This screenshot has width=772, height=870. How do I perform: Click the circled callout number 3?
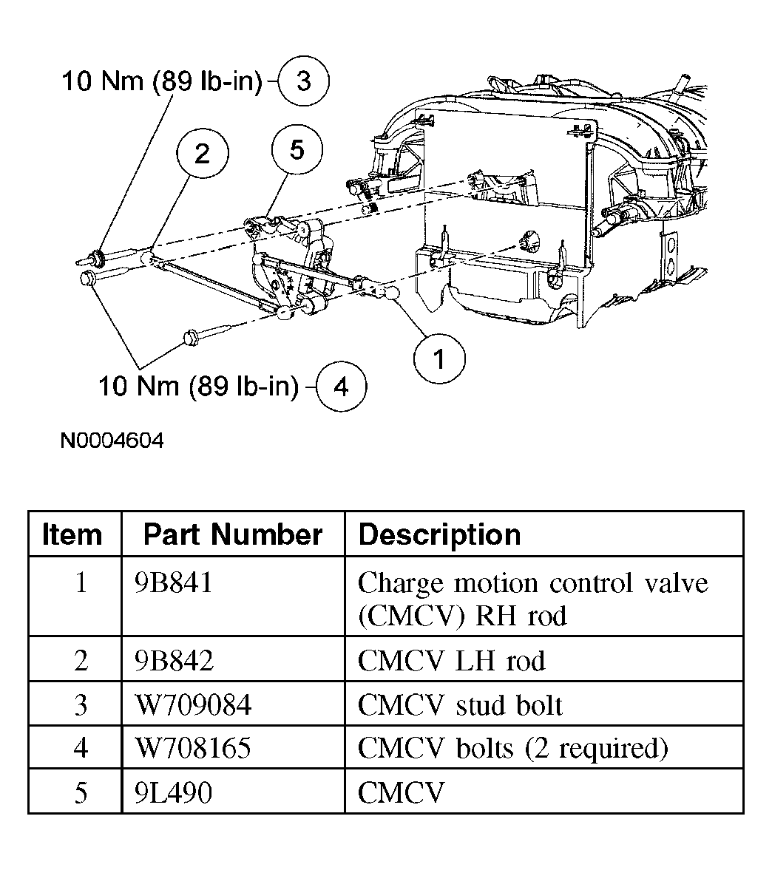click(303, 81)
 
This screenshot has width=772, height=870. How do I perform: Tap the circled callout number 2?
click(202, 152)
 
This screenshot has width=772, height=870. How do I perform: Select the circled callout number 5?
click(297, 150)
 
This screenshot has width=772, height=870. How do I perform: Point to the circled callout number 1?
click(439, 358)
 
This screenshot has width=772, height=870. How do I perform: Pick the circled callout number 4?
click(341, 386)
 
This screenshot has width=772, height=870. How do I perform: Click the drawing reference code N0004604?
click(112, 441)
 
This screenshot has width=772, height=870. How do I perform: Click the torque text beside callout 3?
click(161, 81)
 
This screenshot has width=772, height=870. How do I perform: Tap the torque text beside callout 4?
click(198, 386)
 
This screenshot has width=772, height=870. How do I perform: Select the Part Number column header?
click(233, 534)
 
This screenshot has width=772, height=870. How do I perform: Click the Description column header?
click(439, 535)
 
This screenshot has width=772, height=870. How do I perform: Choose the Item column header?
click(72, 534)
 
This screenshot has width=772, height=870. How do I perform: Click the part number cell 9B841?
click(174, 583)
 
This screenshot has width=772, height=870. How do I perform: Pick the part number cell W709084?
click(194, 705)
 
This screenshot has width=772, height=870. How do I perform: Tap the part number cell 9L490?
click(174, 793)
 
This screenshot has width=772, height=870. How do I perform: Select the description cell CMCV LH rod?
click(452, 661)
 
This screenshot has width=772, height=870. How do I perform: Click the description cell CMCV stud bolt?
click(460, 705)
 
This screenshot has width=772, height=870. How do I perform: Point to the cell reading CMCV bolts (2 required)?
click(512, 749)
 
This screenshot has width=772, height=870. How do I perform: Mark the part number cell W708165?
click(193, 749)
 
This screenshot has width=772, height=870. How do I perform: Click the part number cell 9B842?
click(175, 661)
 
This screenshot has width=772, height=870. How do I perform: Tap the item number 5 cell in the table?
click(81, 793)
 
